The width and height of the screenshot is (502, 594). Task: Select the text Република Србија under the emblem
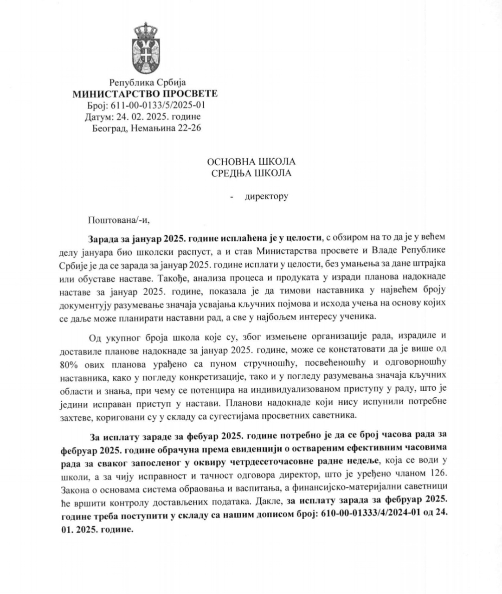tap(147, 83)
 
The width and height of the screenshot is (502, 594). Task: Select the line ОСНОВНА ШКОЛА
tap(251, 162)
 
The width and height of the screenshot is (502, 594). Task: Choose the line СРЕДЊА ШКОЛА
tap(251, 173)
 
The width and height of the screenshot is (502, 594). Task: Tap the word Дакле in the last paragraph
tap(270, 501)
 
